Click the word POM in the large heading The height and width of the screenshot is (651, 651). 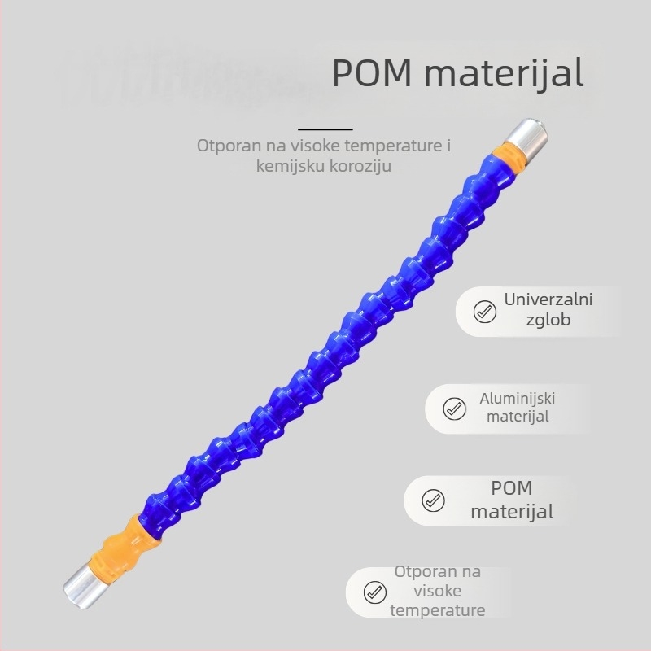[372, 72]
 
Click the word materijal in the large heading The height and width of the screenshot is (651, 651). [504, 74]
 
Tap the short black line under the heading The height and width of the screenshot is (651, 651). [325, 129]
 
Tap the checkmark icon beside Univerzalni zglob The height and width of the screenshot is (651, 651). [484, 312]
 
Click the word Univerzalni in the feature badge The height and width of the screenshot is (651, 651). [548, 299]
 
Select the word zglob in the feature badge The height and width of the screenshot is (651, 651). [548, 320]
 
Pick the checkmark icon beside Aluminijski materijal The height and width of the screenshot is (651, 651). [454, 409]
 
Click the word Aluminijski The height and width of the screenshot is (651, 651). [518, 399]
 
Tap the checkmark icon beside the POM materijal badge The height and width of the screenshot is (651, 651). [433, 500]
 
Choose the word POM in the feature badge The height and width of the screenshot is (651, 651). [512, 488]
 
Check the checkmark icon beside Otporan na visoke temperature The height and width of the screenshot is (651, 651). [374, 592]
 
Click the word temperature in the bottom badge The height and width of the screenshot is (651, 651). [438, 610]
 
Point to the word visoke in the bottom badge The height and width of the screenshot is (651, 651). [438, 591]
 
